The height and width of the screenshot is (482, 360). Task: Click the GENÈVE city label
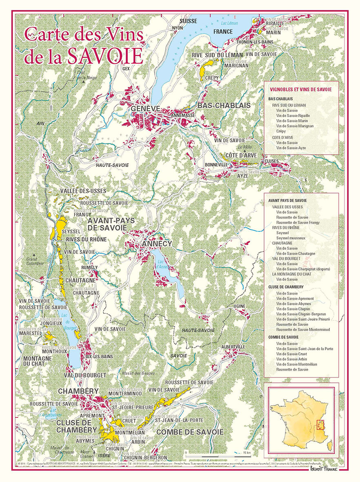tap(144, 109)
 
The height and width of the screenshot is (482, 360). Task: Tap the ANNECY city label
tap(157, 244)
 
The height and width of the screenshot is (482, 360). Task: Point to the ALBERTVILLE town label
tap(233, 347)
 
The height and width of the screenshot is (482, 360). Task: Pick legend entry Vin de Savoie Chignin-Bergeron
tap(301, 314)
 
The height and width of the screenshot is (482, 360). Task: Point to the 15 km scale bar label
tap(247, 453)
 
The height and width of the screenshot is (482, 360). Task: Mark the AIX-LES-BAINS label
tap(99, 356)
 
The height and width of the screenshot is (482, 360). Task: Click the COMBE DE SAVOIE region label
tap(190, 432)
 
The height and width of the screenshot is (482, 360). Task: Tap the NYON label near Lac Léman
tap(178, 28)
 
